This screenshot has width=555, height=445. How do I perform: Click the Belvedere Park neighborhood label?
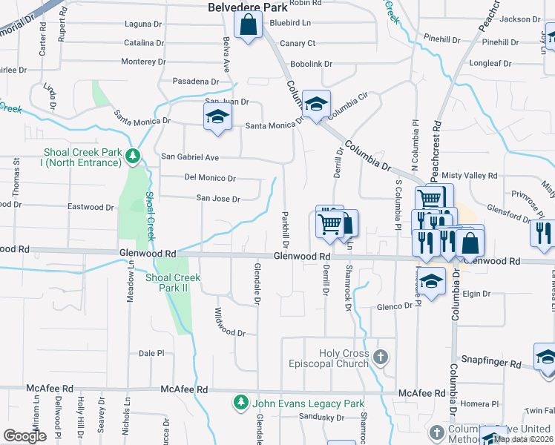[x=247, y=7]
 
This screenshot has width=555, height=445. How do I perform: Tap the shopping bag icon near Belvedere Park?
[x=248, y=26]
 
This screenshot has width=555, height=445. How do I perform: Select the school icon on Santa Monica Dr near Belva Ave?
[x=217, y=117]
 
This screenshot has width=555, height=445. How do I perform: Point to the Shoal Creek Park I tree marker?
[x=133, y=156]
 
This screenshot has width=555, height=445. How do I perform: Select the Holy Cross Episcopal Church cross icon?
[x=381, y=358]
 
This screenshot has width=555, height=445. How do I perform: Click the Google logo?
[x=24, y=435]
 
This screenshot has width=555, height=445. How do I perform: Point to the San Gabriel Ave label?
[x=190, y=157]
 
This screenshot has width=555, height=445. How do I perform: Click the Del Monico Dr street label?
[x=210, y=178]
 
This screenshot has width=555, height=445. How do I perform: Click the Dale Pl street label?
[x=151, y=354]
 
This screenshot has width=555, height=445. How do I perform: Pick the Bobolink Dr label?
[x=312, y=65]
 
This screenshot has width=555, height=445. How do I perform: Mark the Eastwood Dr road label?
[x=91, y=207]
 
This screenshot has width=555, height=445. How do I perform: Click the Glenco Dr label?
[x=393, y=306]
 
